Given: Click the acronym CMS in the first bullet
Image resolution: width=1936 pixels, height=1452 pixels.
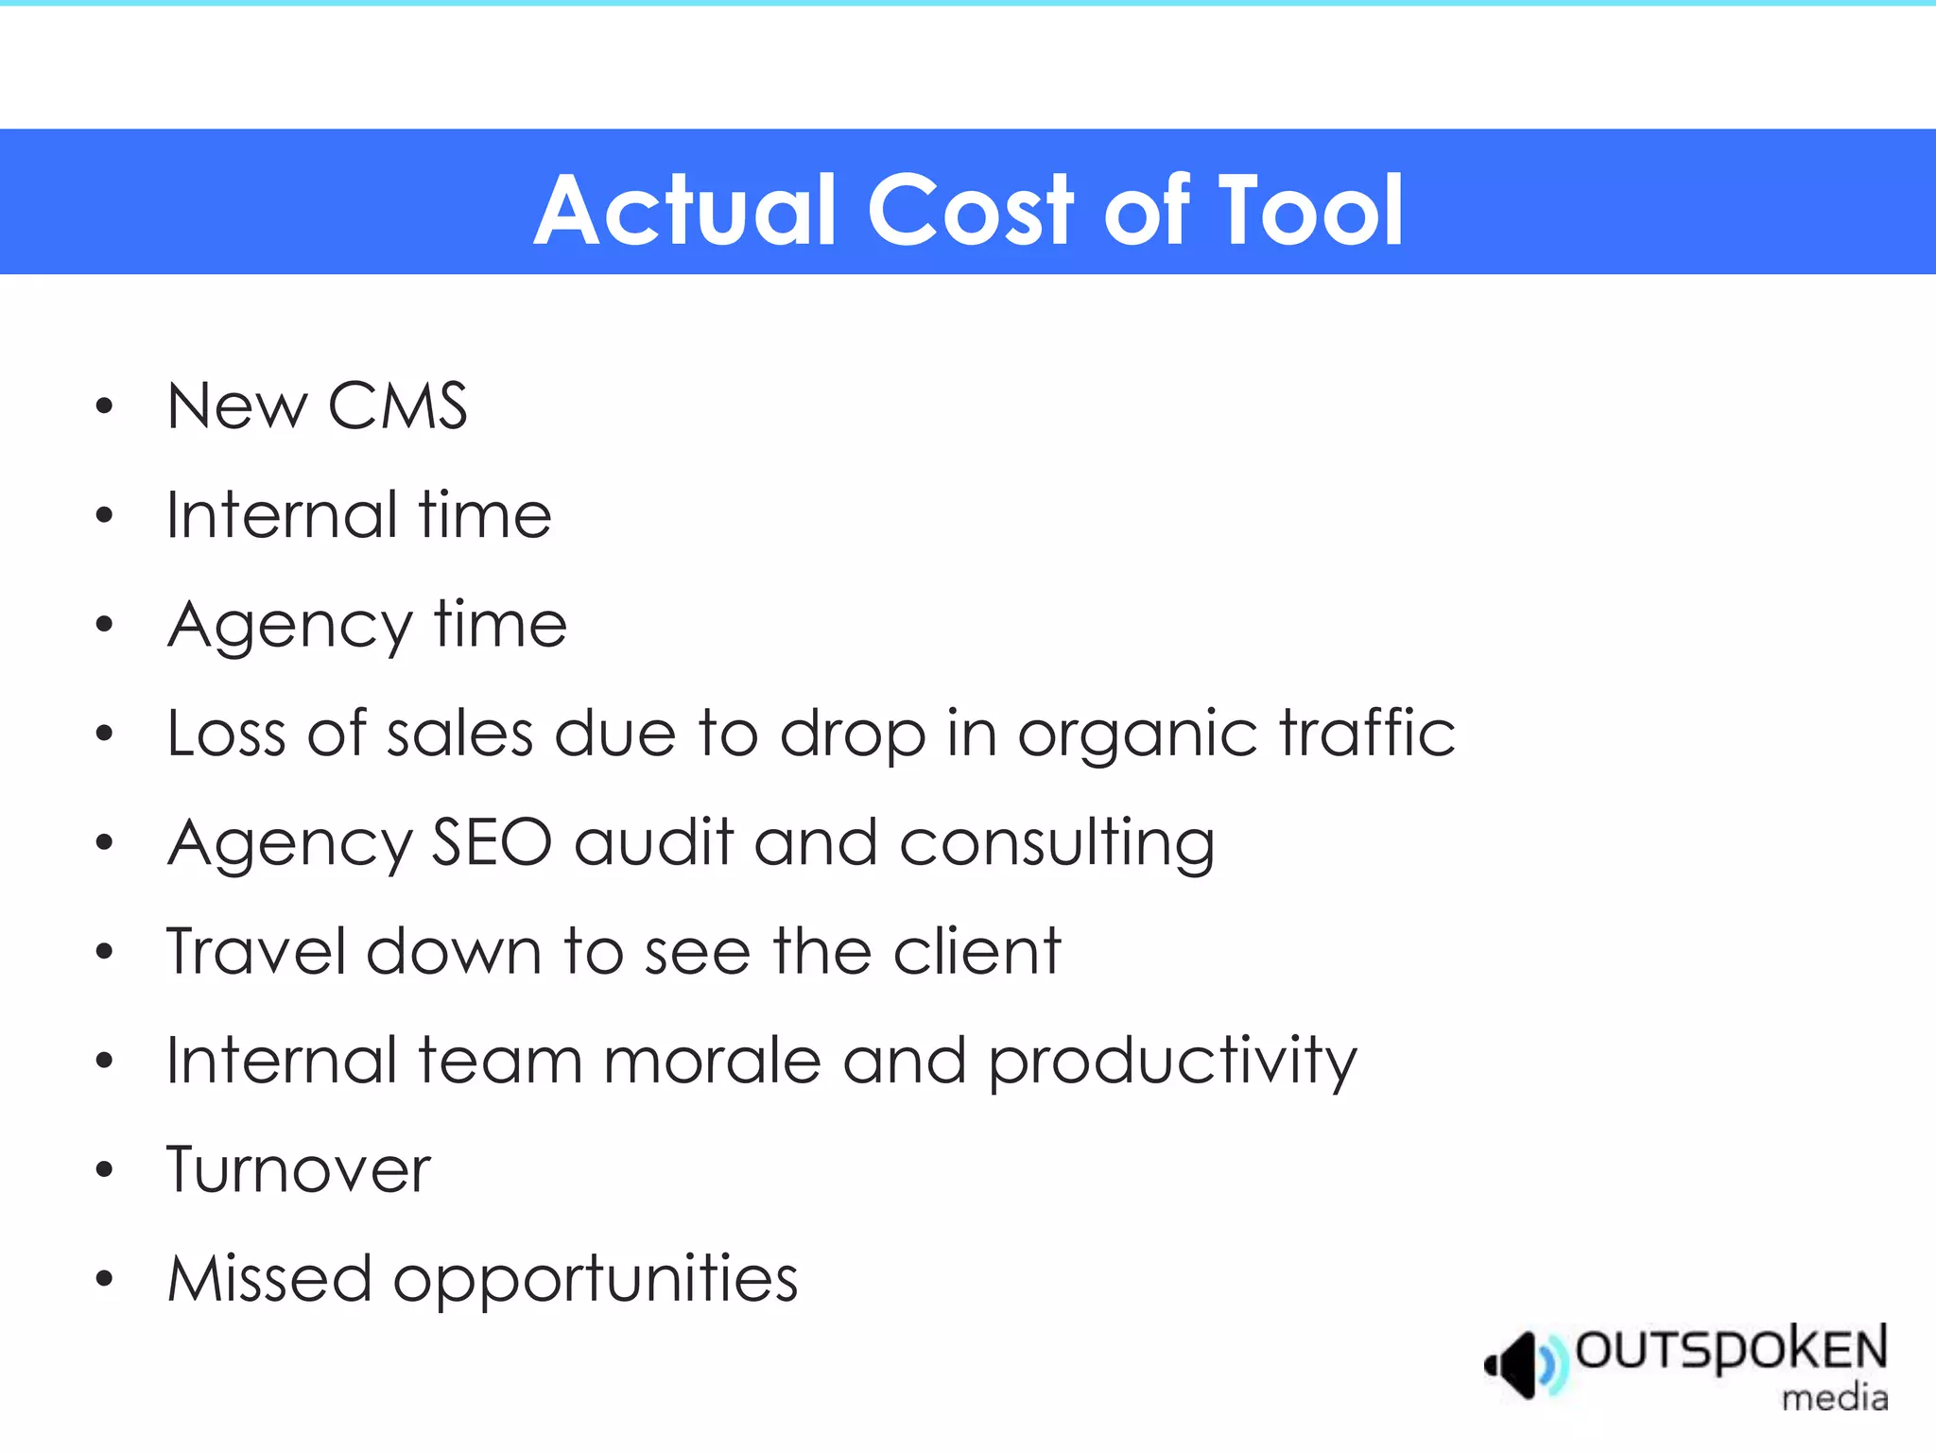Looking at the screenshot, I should (397, 406).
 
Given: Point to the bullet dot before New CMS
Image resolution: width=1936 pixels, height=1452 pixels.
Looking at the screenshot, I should (104, 407).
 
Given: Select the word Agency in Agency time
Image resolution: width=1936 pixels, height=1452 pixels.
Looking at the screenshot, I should (290, 627).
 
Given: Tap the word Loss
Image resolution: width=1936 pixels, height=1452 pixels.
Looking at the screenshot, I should (226, 734).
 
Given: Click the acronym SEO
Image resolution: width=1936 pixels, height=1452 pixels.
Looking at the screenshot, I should (492, 842).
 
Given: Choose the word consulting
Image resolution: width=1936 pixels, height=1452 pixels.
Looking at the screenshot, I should (1057, 844).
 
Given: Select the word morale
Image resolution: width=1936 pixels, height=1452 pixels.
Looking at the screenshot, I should (712, 1061).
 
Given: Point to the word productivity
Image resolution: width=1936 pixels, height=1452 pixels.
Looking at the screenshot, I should (1172, 1063).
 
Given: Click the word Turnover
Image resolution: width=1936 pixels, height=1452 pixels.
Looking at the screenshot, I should (299, 1170).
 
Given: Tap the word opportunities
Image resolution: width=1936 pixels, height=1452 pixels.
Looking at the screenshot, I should (596, 1281).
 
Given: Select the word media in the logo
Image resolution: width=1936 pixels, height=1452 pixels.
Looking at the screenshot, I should (1835, 1397).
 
